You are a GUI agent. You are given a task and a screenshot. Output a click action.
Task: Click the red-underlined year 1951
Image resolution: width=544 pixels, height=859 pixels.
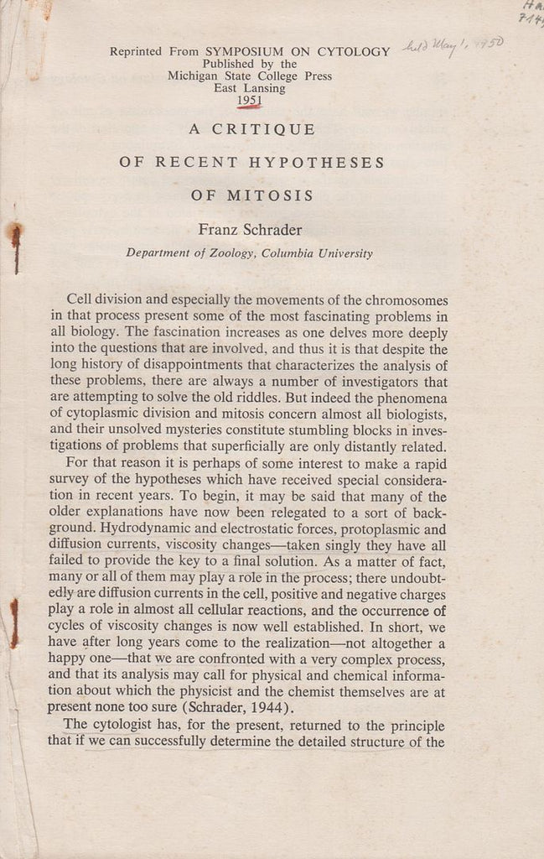(x=249, y=101)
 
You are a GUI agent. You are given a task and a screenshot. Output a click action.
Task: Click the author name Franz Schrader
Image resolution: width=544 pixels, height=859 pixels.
(x=250, y=228)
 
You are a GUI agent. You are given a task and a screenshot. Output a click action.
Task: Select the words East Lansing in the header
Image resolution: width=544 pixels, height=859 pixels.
(x=249, y=88)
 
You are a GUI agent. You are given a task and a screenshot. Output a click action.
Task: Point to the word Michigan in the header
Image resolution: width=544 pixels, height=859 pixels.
(x=194, y=75)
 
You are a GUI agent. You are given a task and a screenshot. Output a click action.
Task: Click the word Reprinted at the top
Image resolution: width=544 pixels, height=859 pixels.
(x=137, y=51)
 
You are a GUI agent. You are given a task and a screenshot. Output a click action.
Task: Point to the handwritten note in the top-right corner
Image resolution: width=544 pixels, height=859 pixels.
(x=530, y=10)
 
